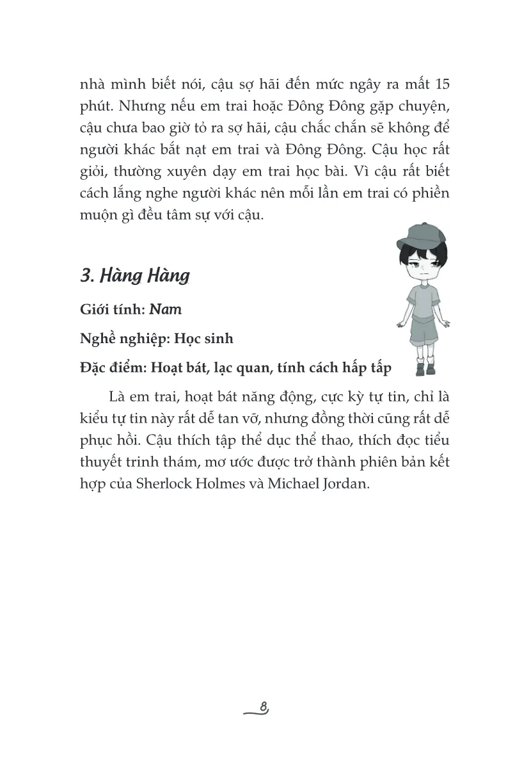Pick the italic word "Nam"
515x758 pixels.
[x=166, y=310]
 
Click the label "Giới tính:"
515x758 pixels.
[x=113, y=310]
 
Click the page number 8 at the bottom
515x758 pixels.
[x=264, y=706]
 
